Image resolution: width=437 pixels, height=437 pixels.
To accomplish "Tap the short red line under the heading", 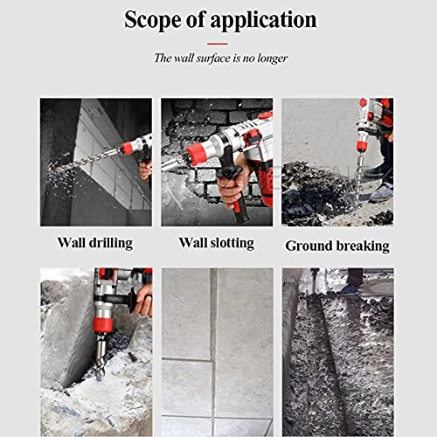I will [218, 42].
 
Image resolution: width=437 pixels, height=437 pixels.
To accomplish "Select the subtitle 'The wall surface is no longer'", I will [218, 59].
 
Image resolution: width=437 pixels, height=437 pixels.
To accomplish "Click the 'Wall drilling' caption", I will [94, 242].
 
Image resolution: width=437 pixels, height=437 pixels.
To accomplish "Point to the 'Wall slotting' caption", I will [217, 242].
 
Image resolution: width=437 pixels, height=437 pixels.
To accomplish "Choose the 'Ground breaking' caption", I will [336, 246].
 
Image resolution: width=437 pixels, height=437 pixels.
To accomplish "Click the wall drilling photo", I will [95, 162].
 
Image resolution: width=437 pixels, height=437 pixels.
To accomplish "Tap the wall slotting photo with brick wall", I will [217, 162].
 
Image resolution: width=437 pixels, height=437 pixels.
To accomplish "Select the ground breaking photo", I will [337, 162].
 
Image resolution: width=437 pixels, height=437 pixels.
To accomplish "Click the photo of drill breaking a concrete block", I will [95, 339].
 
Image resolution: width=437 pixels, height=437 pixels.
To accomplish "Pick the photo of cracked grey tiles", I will [217, 339].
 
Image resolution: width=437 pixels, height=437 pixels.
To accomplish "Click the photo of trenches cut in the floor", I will [337, 339].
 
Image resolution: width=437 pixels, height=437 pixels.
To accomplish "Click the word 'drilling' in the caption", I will [111, 242].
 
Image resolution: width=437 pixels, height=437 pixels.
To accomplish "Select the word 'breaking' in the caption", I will [360, 246].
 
